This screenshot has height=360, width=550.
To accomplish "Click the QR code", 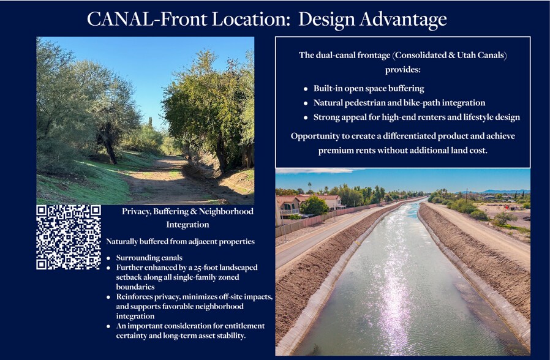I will (x=69, y=237).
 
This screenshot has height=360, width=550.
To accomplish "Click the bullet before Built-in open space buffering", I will (x=306, y=89).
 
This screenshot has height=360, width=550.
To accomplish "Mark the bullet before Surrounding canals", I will (x=108, y=258).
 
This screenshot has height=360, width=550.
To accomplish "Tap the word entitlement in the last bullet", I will (x=243, y=325).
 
